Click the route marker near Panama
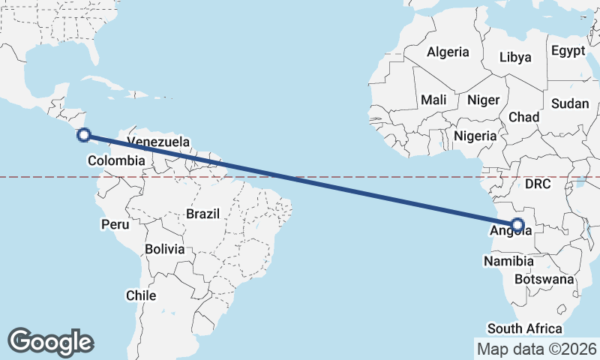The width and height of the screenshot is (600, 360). [84, 136]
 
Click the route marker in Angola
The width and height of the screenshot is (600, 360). [517, 224]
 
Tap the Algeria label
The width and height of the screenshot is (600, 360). [448, 52]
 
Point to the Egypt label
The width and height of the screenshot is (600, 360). [567, 51]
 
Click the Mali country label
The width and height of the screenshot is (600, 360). [433, 100]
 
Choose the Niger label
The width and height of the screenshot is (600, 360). [483, 100]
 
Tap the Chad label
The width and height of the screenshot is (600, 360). [523, 117]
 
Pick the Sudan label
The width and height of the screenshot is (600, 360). [570, 104]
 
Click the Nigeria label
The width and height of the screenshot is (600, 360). [475, 136]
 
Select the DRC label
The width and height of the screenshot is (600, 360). [538, 184]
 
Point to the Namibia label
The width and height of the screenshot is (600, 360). [508, 261]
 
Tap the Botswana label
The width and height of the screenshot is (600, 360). [544, 279]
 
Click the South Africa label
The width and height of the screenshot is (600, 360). [525, 328]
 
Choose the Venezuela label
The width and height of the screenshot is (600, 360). [158, 142]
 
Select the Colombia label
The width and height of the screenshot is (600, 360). [116, 160]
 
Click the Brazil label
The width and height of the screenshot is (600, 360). [203, 214]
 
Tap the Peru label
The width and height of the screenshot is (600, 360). [115, 224]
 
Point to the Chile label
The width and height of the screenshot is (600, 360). [141, 295]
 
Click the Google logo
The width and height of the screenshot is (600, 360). [51, 341]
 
